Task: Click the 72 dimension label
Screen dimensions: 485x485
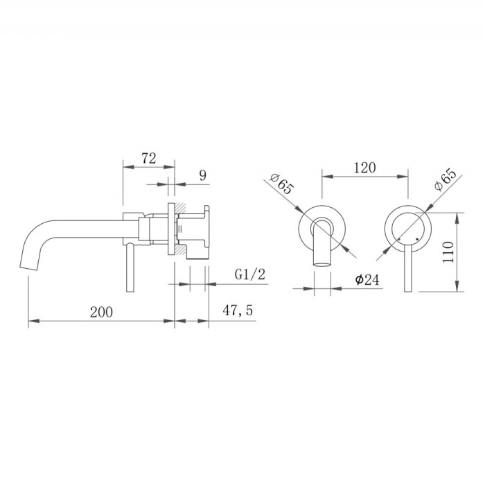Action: (x=149, y=159)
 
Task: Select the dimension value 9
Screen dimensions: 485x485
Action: (x=202, y=175)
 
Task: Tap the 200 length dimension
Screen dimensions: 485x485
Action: (x=101, y=312)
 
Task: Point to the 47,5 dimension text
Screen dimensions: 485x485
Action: (x=238, y=310)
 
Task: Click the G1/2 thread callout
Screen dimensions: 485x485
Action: (x=250, y=274)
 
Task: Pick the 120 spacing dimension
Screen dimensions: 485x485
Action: (x=365, y=168)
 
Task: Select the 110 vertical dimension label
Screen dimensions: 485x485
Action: (x=448, y=252)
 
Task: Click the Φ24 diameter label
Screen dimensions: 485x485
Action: (x=367, y=280)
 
